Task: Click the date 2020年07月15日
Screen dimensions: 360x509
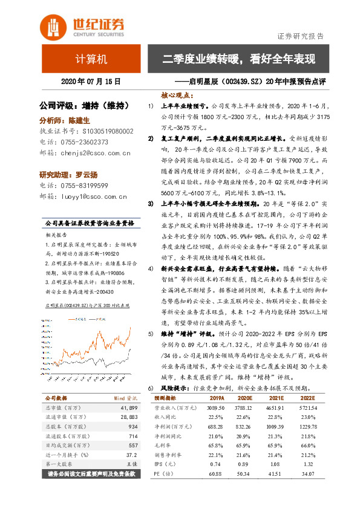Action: (x=91, y=81)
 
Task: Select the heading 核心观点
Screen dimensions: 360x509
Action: (x=177, y=95)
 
